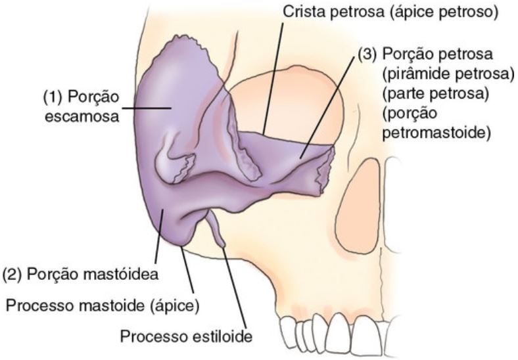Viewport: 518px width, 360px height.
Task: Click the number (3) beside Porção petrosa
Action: (x=367, y=55)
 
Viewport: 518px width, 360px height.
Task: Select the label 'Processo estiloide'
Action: (x=185, y=337)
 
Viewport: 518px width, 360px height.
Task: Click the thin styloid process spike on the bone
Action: (x=217, y=233)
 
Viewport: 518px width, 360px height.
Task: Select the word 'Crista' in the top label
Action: (x=299, y=12)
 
